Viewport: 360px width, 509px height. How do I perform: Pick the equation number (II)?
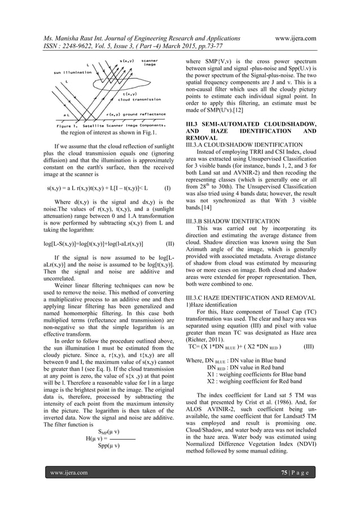[169, 244]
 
